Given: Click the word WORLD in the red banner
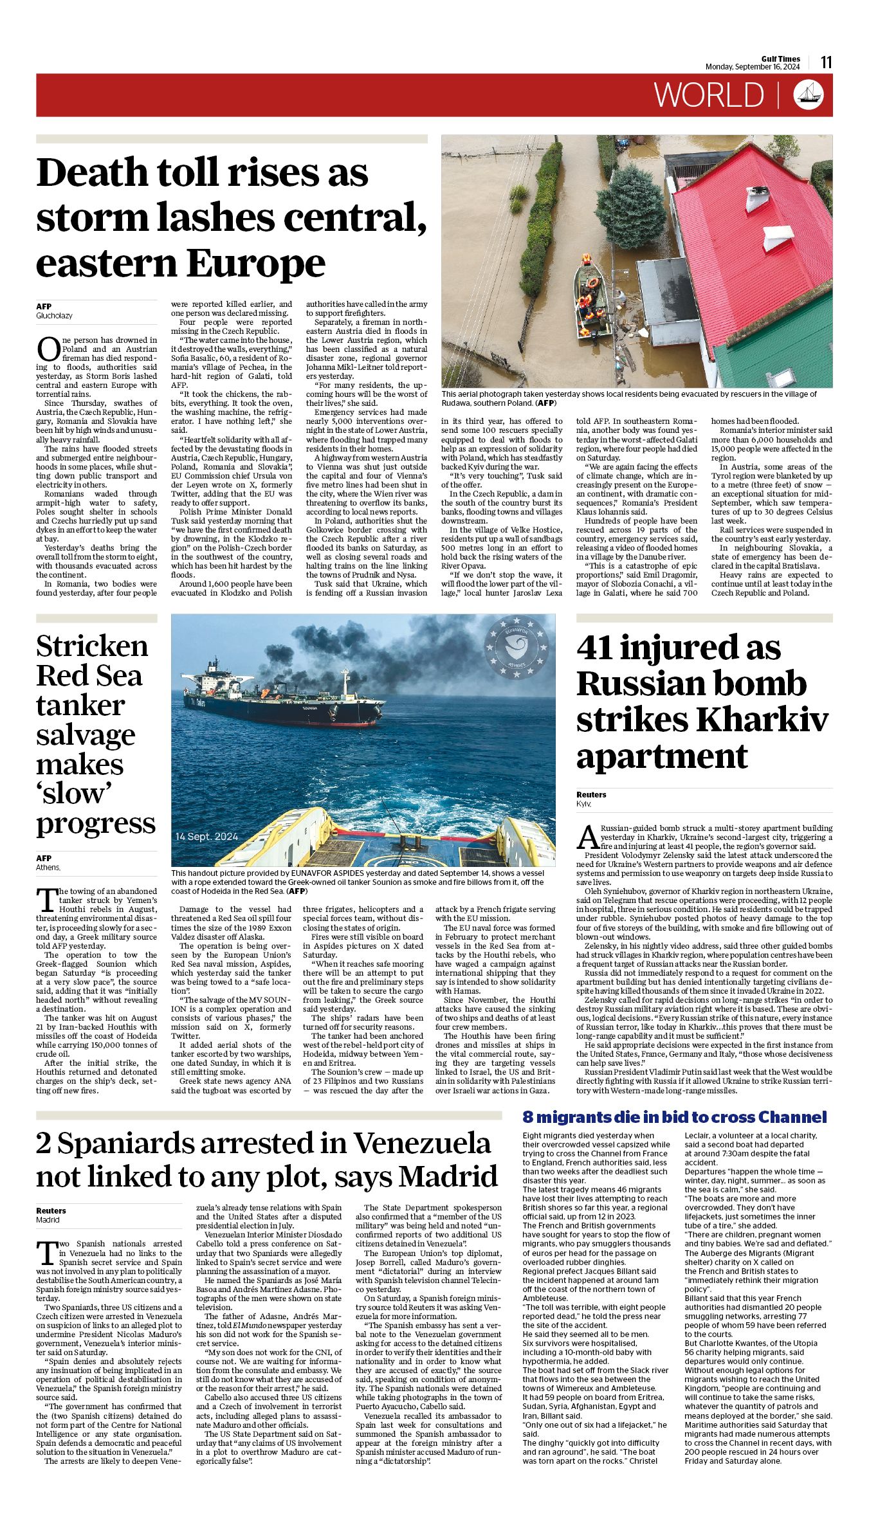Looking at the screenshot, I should [x=709, y=95].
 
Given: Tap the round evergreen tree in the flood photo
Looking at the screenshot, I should [x=630, y=209].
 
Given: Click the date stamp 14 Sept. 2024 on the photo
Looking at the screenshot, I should [x=206, y=837].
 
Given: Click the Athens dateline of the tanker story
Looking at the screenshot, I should [x=48, y=868].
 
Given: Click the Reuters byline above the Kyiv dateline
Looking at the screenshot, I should [x=591, y=794].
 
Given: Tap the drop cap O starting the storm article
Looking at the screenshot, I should [x=48, y=349].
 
